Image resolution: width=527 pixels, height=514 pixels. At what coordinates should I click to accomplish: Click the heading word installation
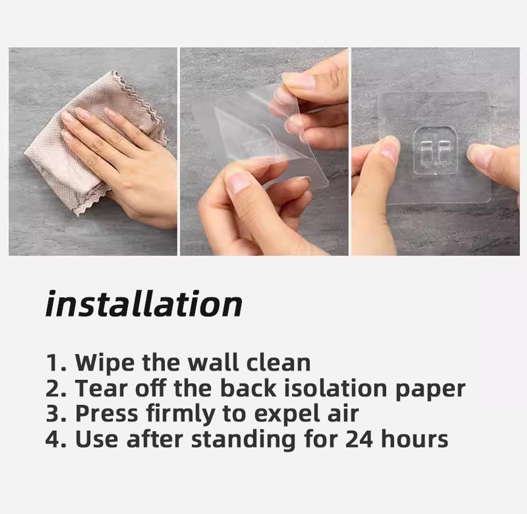144,304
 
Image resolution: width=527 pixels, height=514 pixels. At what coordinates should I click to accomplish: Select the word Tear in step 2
103,388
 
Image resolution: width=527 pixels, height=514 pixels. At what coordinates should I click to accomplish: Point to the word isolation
336,388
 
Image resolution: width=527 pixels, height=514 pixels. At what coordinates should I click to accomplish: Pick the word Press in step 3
106,413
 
